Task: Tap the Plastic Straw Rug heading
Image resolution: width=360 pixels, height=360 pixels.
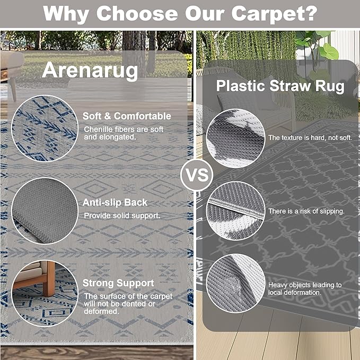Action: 280,86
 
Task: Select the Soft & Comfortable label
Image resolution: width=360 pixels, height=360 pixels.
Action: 127,116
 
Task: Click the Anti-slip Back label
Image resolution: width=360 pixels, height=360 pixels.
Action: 115,202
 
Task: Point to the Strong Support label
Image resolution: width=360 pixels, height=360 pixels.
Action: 118,283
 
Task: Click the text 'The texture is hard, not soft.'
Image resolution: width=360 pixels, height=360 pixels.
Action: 310,138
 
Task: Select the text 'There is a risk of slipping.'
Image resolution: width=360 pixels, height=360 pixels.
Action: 306,211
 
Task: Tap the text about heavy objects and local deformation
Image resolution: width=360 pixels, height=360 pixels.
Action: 305,288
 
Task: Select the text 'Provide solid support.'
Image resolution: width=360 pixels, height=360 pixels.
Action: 122,216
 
